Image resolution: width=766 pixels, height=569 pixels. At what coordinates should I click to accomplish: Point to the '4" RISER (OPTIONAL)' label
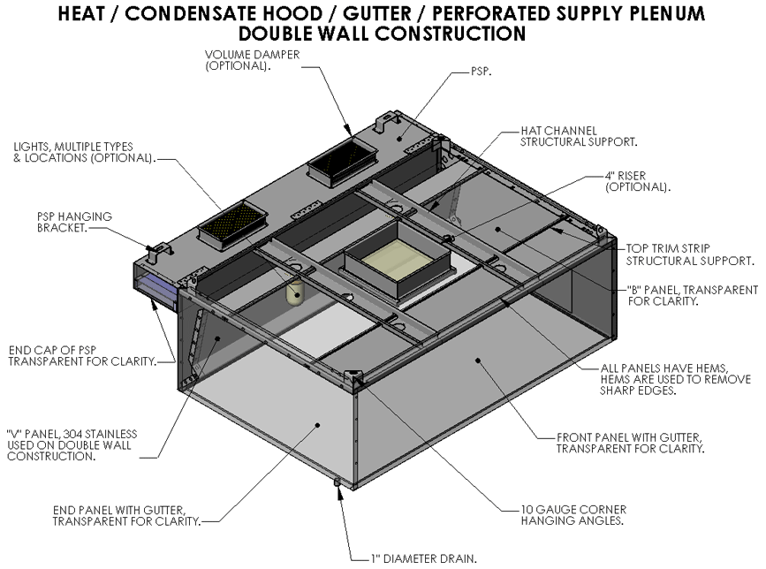point(637,183)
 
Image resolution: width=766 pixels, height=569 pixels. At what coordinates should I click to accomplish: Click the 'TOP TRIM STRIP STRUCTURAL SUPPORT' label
point(690,254)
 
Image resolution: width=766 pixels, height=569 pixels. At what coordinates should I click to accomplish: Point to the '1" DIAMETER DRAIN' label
point(424,558)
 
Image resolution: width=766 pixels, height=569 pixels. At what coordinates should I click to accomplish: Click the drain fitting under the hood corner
point(337,482)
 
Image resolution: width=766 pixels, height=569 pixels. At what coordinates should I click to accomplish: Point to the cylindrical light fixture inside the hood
point(298,291)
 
